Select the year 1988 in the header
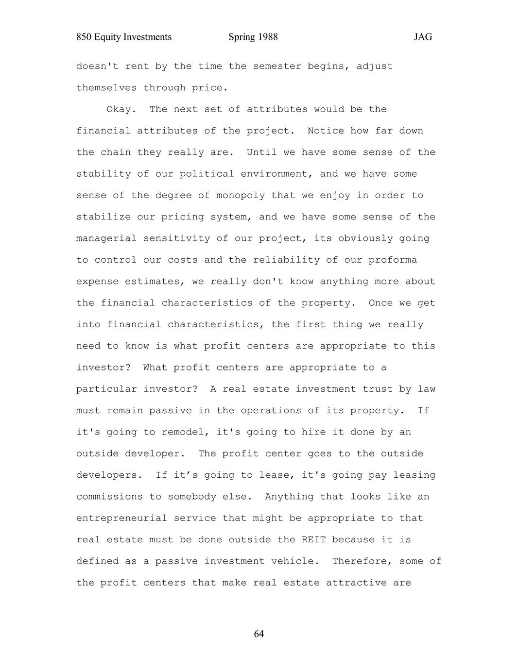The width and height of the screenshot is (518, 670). pyautogui.click(x=268, y=37)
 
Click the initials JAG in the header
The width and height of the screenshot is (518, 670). pyautogui.click(x=423, y=37)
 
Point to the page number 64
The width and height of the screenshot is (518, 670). pyautogui.click(x=259, y=634)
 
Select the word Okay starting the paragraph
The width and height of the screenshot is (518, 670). pyautogui.click(x=119, y=109)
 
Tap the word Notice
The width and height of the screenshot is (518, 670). pyautogui.click(x=326, y=131)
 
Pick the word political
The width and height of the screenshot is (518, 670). pyautogui.click(x=207, y=174)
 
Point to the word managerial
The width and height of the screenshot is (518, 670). pyautogui.click(x=106, y=238)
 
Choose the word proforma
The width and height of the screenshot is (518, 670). pyautogui.click(x=393, y=260)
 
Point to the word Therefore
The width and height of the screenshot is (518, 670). pyautogui.click(x=362, y=561)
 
